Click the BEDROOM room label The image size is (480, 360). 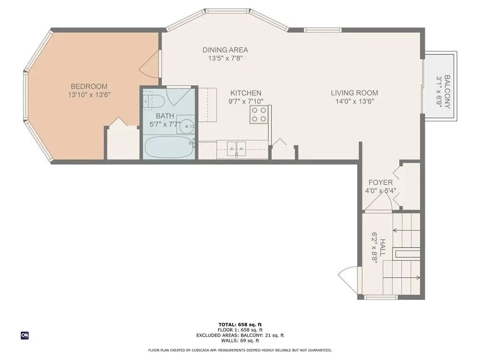click(x=89, y=86)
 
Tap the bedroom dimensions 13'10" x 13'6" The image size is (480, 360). click(x=89, y=94)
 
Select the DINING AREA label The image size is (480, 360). click(x=225, y=50)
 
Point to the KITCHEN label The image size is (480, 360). click(x=246, y=93)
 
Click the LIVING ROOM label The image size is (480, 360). click(x=354, y=93)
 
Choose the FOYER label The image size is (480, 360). click(x=380, y=182)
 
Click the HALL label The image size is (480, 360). click(x=383, y=247)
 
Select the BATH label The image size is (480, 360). click(x=165, y=116)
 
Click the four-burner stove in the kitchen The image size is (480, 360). click(x=258, y=114)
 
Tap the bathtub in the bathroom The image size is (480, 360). click(x=168, y=147)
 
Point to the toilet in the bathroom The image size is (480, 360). click(x=154, y=101)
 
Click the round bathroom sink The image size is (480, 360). click(x=187, y=125)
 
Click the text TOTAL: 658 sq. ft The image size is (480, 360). click(x=240, y=324)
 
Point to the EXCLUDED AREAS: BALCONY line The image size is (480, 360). click(x=240, y=335)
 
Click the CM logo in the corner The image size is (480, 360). click(x=24, y=335)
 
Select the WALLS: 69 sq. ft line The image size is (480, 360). click(x=240, y=341)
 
